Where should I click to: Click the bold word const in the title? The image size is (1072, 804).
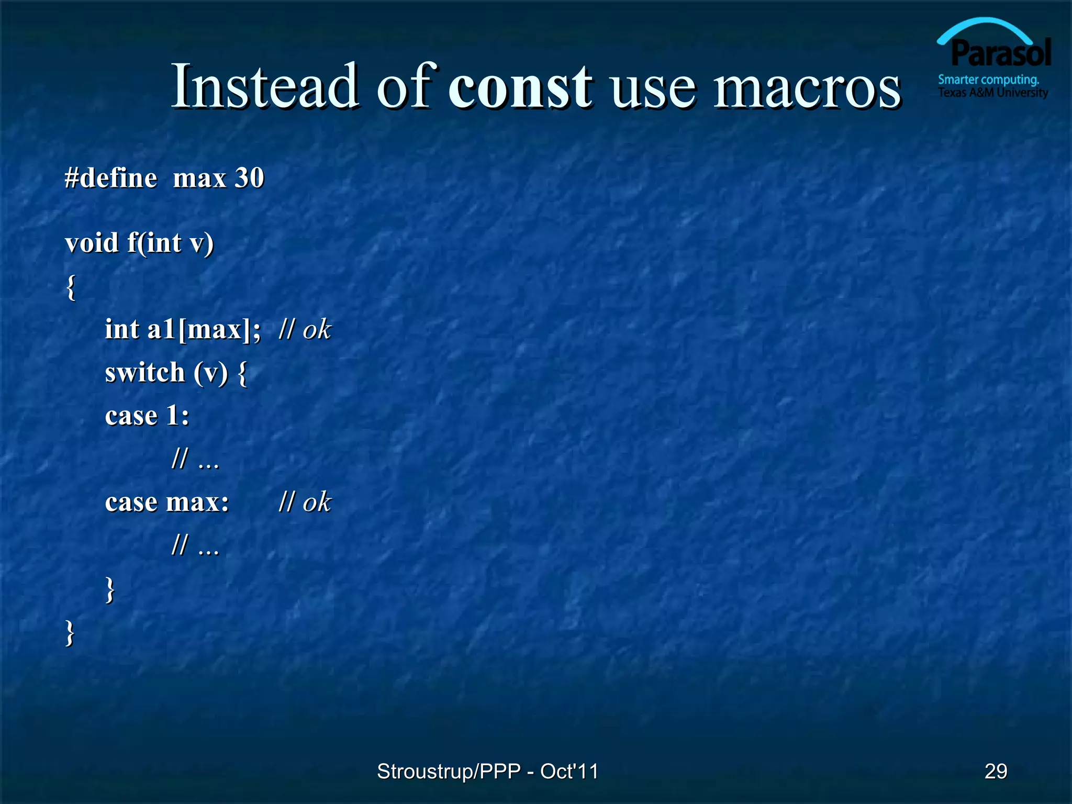[520, 86]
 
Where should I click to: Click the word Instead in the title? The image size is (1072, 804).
[265, 86]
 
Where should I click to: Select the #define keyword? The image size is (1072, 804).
[110, 178]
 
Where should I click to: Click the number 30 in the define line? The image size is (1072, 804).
[249, 178]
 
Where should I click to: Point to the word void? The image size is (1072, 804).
[92, 243]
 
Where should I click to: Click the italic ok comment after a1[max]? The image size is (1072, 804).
[316, 330]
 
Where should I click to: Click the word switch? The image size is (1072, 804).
[145, 373]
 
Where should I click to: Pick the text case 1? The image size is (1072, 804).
[147, 416]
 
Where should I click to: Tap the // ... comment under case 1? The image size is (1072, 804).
[195, 459]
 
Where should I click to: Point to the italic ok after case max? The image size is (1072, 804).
[316, 502]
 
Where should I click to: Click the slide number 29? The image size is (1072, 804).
[995, 772]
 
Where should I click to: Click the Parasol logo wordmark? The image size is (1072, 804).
[1000, 53]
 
